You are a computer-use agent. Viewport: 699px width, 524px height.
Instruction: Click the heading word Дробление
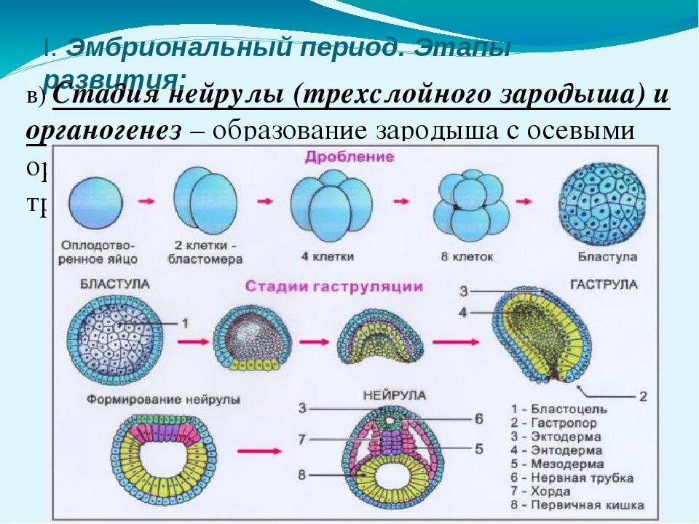tap(349, 157)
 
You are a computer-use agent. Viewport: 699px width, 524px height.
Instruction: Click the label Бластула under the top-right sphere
tap(607, 257)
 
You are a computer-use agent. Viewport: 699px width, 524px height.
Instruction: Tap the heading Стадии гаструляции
tap(334, 286)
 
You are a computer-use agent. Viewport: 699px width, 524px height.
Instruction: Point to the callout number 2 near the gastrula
tap(642, 397)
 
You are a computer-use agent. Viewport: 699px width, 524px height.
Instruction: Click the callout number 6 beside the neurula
tap(478, 419)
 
